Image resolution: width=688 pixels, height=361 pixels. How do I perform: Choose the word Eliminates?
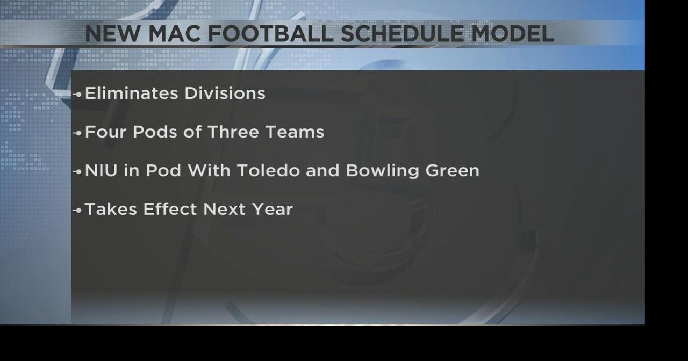(132, 93)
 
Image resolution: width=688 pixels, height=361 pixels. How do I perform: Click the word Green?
(452, 171)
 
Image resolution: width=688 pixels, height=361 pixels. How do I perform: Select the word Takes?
(111, 209)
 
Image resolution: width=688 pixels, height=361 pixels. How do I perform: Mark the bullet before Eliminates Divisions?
(78, 94)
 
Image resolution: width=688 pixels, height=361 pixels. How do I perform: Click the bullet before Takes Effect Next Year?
(78, 210)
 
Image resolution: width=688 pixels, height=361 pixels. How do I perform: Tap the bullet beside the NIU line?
(78, 171)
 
